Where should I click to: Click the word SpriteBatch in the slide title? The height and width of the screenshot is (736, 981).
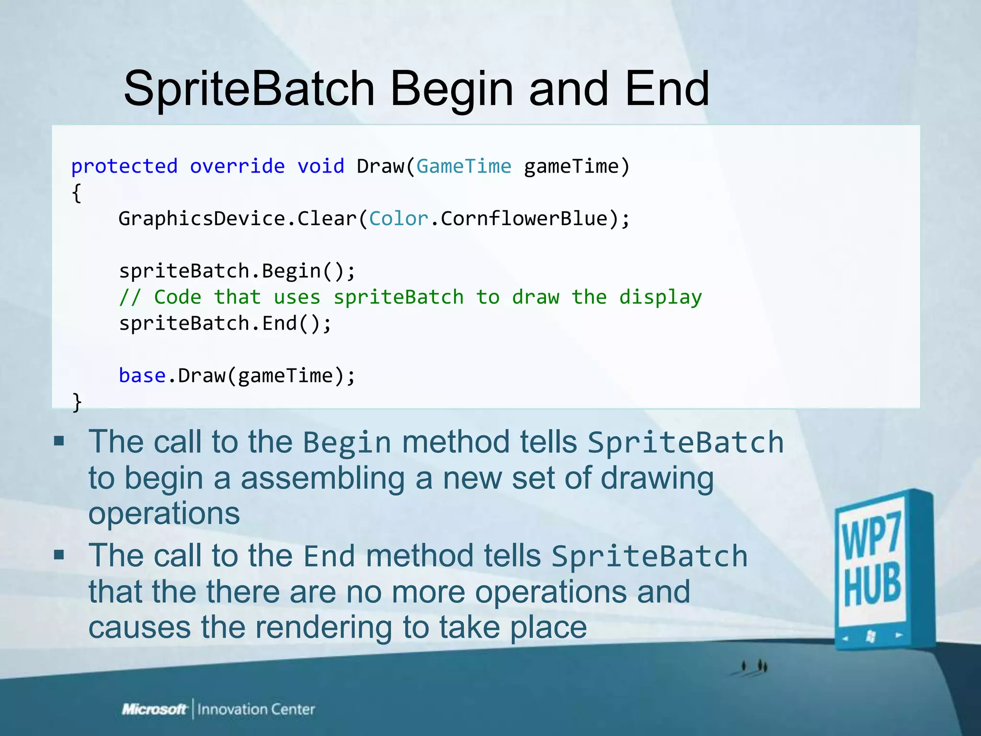tap(249, 89)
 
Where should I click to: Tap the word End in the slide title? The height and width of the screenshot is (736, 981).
tap(667, 89)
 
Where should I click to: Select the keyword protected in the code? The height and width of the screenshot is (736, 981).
tap(124, 167)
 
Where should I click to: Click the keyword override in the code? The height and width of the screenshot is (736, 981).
tap(237, 167)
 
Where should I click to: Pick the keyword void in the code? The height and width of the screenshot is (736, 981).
tap(320, 167)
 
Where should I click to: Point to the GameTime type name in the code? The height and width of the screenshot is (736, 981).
tap(464, 167)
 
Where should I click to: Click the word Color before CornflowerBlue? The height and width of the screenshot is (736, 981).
tap(398, 219)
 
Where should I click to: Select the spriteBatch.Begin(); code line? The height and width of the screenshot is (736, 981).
tap(237, 271)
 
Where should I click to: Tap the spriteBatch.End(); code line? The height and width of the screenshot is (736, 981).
tap(225, 323)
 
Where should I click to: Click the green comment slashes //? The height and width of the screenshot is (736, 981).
tap(130, 298)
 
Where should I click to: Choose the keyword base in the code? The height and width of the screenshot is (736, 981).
tap(142, 376)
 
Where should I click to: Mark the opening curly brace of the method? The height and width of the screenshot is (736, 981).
tap(77, 193)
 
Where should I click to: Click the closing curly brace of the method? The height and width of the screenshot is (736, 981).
tap(77, 402)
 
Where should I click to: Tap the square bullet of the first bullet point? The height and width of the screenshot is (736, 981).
tap(59, 441)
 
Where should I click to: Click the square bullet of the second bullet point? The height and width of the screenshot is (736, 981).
tap(59, 555)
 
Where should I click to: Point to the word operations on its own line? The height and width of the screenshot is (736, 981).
tap(164, 514)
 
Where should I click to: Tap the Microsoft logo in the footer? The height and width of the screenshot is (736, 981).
tap(154, 709)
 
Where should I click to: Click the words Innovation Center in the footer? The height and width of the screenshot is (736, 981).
tap(256, 709)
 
